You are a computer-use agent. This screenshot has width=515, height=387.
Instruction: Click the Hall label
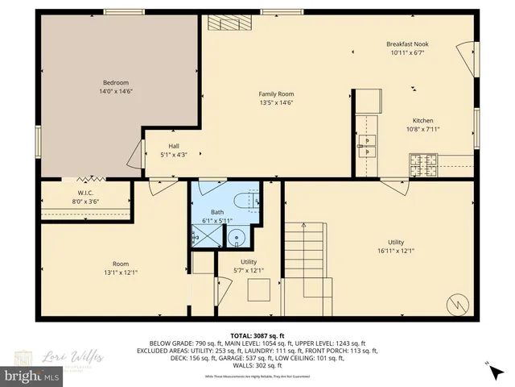tap(174, 146)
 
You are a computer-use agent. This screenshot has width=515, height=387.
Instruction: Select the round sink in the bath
tap(236, 236)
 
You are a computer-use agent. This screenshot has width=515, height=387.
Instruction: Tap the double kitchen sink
tap(368, 146)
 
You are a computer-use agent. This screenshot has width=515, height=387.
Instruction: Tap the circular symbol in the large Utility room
tap(457, 305)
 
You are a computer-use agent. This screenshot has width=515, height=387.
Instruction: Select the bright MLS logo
tap(31, 377)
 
